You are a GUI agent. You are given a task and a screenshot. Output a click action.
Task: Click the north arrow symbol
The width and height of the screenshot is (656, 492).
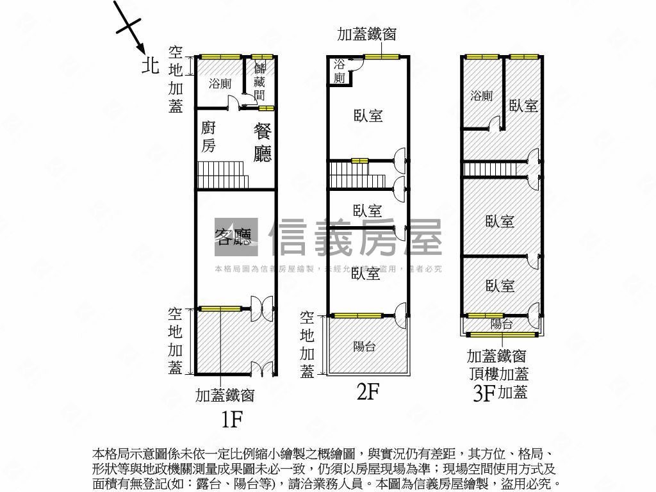click(x=130, y=28)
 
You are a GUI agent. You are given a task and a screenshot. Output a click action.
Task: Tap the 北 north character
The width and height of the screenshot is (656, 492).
click(x=150, y=65)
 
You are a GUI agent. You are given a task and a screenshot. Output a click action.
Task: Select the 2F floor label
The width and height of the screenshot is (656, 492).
click(x=368, y=391)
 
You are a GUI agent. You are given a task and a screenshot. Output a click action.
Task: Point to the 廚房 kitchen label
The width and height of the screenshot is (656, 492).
click(x=209, y=136)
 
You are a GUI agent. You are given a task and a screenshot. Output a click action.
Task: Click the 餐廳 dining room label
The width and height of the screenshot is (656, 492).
click(x=263, y=142)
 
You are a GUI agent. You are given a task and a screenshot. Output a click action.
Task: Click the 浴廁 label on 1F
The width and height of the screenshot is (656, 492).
click(x=220, y=83)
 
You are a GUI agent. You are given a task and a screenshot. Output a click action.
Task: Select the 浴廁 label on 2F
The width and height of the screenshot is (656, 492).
click(x=340, y=71)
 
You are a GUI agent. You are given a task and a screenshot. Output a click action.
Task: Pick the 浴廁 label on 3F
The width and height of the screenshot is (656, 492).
click(x=481, y=96)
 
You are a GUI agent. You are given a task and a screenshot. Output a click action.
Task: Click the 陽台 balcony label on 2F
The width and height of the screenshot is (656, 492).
click(x=364, y=347)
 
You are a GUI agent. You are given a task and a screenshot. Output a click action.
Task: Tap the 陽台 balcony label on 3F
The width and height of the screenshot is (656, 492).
click(x=501, y=324)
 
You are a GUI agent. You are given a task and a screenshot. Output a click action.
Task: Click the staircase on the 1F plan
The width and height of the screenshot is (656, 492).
click(x=213, y=175)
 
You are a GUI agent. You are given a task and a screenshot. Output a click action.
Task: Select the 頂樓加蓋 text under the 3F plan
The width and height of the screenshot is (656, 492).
click(x=497, y=373)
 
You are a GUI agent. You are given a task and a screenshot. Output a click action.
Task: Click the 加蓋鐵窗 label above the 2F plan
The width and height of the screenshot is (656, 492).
click(x=366, y=35)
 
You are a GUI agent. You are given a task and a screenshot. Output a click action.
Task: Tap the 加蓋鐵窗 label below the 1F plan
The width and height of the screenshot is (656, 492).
click(x=225, y=395)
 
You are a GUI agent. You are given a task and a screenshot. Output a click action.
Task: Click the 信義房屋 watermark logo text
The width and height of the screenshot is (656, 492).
click(x=356, y=238)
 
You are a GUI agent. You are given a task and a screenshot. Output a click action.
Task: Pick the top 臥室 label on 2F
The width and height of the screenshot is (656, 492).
click(x=368, y=116)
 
